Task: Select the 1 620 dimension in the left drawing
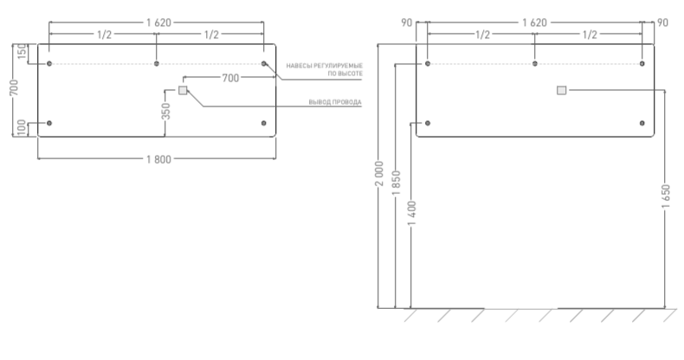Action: pyautogui.click(x=156, y=20)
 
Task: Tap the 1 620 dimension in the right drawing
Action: pyautogui.click(x=534, y=20)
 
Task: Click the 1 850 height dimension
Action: pyautogui.click(x=396, y=183)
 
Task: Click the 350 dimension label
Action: pyautogui.click(x=166, y=112)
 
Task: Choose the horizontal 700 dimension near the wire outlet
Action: pyautogui.click(x=229, y=78)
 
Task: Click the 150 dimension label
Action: pyautogui.click(x=22, y=53)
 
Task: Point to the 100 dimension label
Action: pyautogui.click(x=22, y=128)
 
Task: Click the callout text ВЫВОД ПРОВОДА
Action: pyautogui.click(x=335, y=103)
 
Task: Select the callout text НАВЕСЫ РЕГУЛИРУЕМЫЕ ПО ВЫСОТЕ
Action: pyautogui.click(x=324, y=70)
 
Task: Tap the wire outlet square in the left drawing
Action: pyautogui.click(x=183, y=90)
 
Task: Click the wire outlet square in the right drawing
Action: pyautogui.click(x=562, y=90)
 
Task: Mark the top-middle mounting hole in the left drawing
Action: pyautogui.click(x=156, y=64)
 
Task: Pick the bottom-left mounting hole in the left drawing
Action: pyautogui.click(x=49, y=124)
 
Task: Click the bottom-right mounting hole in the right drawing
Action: pyautogui.click(x=642, y=124)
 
